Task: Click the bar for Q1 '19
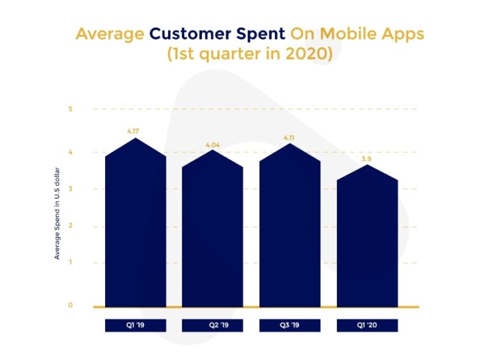coord(136,229)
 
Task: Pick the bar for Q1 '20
coord(367,242)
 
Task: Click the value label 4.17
coord(133,131)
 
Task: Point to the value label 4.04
coord(212,145)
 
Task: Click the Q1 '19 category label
coord(136,326)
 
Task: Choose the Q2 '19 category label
coord(213,326)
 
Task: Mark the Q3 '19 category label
coord(290,326)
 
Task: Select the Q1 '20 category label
coord(367,326)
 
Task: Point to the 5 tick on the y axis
coord(71,109)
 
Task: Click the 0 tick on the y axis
coord(71,305)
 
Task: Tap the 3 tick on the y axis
coord(71,189)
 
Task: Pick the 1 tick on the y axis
coord(71,263)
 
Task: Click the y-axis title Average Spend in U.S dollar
coord(57,213)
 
